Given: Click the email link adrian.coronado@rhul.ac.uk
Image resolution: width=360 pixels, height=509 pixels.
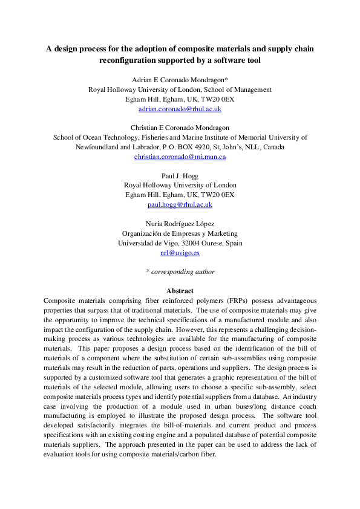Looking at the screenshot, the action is click(180, 109).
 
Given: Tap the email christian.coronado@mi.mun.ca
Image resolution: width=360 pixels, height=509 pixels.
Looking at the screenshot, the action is click(180, 157).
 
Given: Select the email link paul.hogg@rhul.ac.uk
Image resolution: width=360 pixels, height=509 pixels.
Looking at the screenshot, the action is click(180, 204).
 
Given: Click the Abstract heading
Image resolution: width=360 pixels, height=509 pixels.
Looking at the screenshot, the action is click(180, 291).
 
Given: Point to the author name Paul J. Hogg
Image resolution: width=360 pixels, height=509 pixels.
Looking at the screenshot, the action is click(180, 175).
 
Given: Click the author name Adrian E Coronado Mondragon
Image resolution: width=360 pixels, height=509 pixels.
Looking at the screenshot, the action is click(179, 80).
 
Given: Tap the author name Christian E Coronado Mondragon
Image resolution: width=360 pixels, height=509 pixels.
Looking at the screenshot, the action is click(180, 128).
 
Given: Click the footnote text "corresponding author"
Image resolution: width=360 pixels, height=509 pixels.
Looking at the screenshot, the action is click(182, 271).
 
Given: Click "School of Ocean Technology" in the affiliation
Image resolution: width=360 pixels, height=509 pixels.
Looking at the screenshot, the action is click(93, 137).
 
